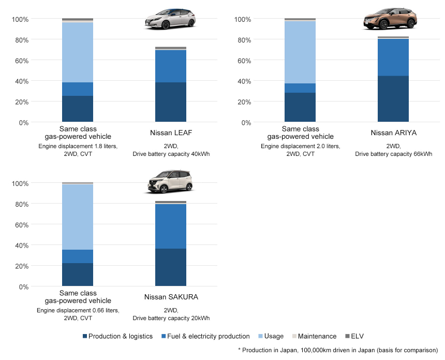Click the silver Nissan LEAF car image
(170, 19)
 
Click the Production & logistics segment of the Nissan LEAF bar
(171, 102)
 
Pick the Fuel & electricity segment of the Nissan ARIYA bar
(393, 57)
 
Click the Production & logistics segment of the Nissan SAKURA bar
(171, 267)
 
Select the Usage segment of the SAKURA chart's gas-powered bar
(78, 217)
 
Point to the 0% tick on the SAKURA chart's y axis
(22, 287)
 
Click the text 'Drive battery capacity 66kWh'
(393, 154)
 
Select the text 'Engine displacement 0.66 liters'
(78, 310)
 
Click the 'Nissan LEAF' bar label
(171, 133)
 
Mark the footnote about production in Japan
(338, 350)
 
